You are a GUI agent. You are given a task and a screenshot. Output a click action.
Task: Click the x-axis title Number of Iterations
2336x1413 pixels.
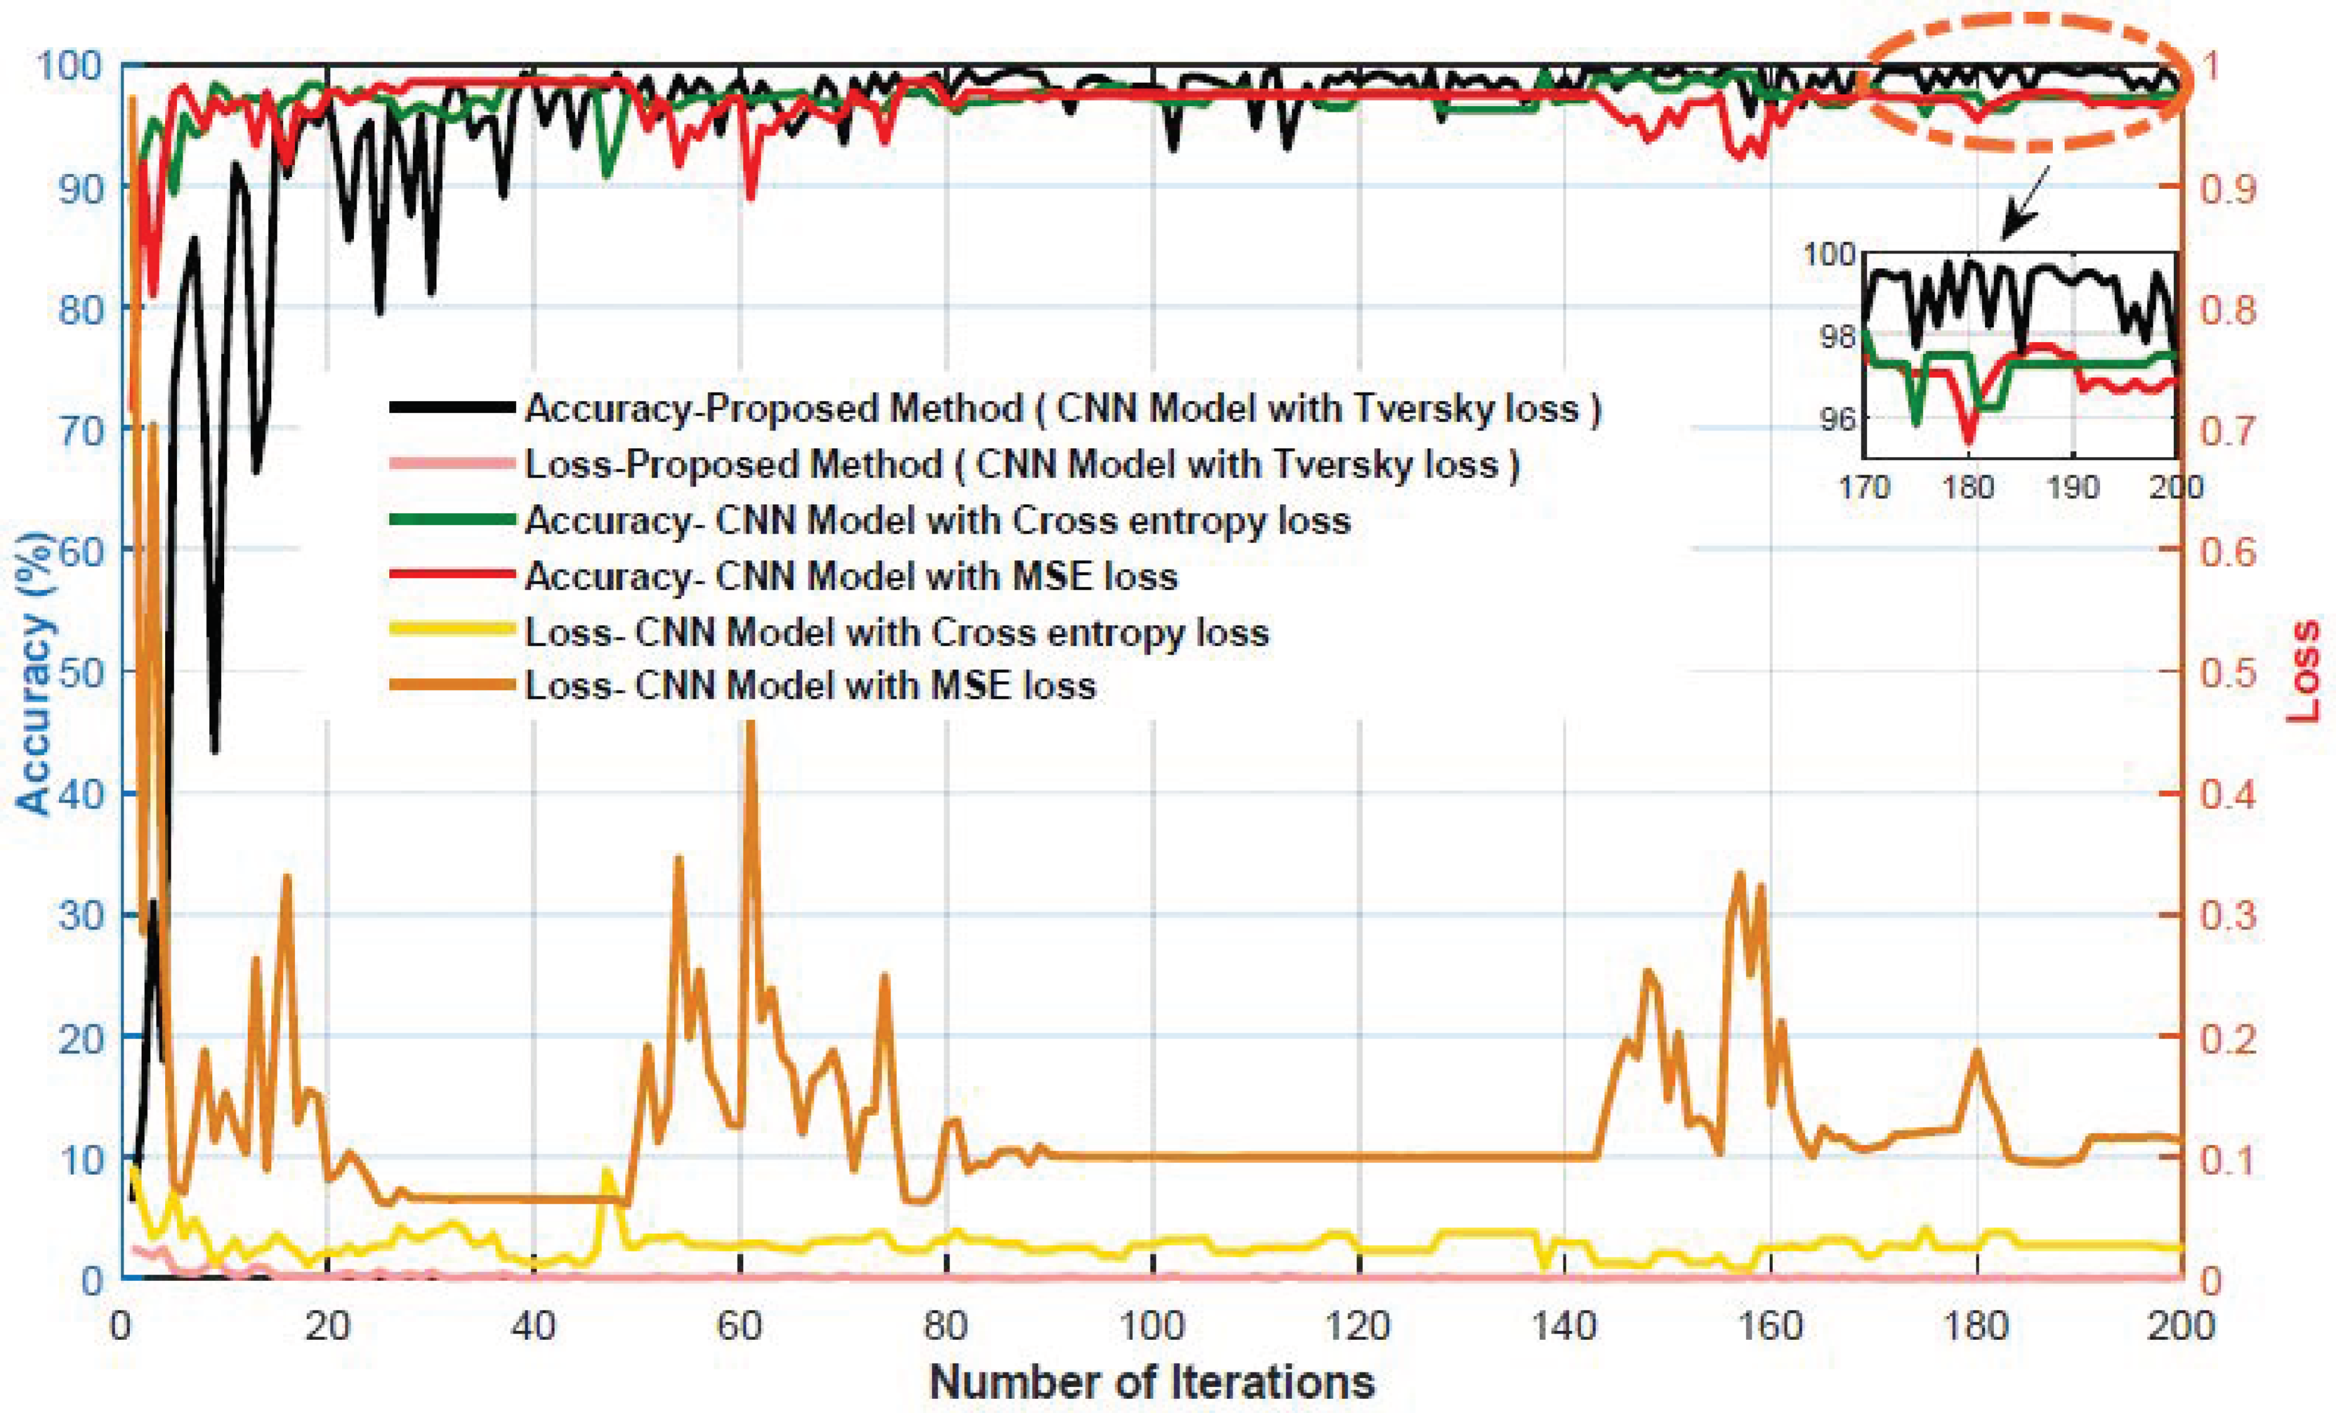point(1152,1382)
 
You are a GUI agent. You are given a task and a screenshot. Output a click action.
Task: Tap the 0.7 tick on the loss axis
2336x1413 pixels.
point(2228,429)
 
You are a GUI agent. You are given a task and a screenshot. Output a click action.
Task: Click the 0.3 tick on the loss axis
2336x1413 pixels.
point(2228,916)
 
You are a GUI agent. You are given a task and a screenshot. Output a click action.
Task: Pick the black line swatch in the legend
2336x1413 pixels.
point(452,408)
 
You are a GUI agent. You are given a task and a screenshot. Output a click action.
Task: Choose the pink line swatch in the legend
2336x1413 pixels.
point(452,464)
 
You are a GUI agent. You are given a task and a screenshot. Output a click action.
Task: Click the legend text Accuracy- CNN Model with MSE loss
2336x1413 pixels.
point(850,576)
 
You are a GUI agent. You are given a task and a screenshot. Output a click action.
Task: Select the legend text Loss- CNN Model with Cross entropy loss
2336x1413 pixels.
point(896,632)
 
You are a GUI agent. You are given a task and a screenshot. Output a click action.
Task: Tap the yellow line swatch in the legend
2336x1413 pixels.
point(452,632)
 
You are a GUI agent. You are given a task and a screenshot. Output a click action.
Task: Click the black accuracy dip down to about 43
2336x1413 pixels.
point(215,751)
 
